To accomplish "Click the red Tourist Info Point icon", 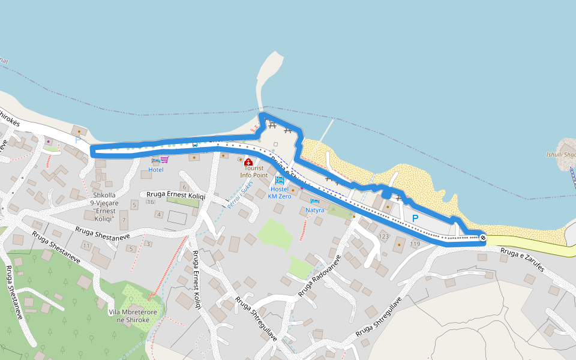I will [x=248, y=162].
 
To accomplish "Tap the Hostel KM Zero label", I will [x=279, y=193].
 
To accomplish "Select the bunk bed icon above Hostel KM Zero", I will [x=280, y=180].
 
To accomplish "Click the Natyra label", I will [x=314, y=210].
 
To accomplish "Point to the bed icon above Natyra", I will [x=314, y=201].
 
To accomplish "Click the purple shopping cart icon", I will [x=164, y=160].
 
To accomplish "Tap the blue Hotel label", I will [x=156, y=170].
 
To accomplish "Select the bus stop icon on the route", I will [x=194, y=144].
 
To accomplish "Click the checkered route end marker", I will [x=483, y=238].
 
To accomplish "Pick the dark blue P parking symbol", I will [x=415, y=218].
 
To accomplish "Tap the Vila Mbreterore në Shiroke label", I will [x=133, y=316].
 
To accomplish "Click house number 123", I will [x=384, y=236].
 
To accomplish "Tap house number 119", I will [x=415, y=244].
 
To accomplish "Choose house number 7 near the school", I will [x=124, y=220].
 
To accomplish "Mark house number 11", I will [x=86, y=246].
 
